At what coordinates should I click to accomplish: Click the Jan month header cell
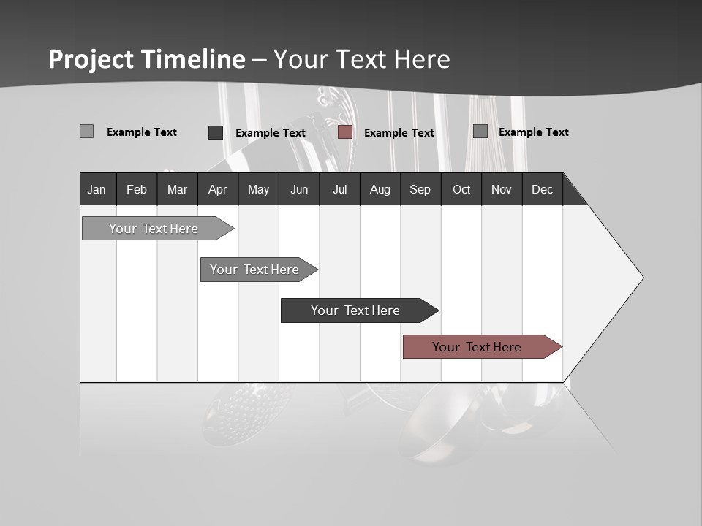[x=97, y=189]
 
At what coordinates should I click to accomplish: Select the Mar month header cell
[x=177, y=189]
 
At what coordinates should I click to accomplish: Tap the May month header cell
[x=258, y=189]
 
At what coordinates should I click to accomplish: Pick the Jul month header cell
[x=339, y=189]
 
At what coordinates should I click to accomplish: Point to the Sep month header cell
[x=420, y=189]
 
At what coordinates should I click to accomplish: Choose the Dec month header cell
[x=542, y=189]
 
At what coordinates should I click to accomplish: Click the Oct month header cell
[x=461, y=189]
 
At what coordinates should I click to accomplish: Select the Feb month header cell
[x=137, y=189]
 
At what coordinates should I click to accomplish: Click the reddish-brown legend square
[x=345, y=132]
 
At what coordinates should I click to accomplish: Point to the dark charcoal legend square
[x=216, y=132]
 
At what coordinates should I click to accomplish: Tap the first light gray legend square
[x=86, y=131]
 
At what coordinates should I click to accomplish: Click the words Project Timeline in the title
[x=146, y=59]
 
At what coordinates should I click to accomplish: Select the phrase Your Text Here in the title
[x=362, y=59]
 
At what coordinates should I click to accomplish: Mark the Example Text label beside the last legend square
[x=533, y=132]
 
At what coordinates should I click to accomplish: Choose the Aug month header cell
[x=380, y=189]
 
